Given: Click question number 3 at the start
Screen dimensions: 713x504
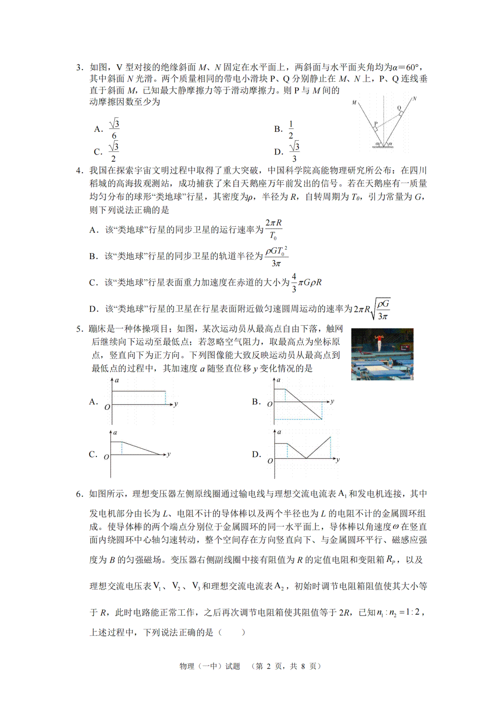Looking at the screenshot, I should pos(79,68).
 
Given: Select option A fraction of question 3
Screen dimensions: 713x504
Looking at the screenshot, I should pos(114,129).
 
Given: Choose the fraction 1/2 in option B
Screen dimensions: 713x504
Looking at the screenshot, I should pos(291,129).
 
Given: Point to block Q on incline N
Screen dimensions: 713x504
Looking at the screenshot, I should pos(401,113).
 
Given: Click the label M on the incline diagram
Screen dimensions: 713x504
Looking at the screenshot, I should pos(354,102).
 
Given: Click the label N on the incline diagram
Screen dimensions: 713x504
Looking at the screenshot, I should pos(415,99).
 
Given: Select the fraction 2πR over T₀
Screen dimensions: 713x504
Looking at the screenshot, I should pos(273,229).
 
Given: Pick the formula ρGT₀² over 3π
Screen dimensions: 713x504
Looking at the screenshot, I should pos(276,257).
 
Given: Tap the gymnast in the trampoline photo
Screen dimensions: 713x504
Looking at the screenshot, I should pos(380,343).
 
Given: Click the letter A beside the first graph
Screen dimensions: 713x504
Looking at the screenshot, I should pos(93,402).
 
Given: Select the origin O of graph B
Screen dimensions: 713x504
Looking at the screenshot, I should pos(270,404).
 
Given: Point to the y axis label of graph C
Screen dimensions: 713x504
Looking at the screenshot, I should pos(168,454).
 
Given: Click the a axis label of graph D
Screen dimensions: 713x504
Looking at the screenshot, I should pos(279,432).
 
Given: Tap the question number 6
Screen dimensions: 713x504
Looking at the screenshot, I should pos(79,494).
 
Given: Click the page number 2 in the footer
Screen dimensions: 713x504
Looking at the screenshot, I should pos(268,666).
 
